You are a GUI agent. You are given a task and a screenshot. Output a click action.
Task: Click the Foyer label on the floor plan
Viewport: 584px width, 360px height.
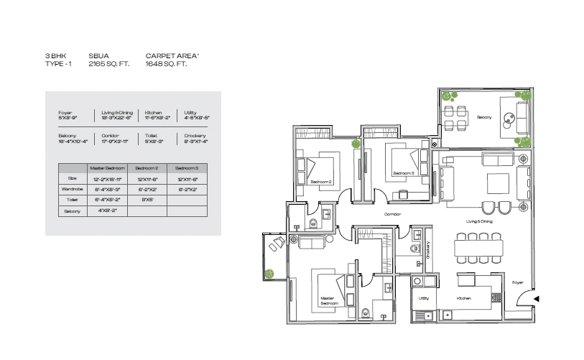tap(517, 283)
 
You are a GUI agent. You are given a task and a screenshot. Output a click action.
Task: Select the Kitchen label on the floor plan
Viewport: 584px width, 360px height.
tap(463, 297)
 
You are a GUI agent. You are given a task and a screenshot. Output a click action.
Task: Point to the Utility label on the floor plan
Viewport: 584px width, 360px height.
tap(424, 297)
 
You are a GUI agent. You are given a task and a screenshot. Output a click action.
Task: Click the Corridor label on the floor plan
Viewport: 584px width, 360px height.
tap(392, 214)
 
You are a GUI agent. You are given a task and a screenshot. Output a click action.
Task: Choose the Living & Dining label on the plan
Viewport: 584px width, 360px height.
tap(478, 222)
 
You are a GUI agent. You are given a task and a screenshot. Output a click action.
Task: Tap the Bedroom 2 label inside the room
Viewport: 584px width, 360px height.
tap(320, 183)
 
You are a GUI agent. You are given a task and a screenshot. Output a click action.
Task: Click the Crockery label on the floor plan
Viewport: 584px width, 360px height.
tap(427, 249)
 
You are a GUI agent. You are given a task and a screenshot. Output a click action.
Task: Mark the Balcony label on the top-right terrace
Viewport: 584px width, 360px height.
tap(486, 116)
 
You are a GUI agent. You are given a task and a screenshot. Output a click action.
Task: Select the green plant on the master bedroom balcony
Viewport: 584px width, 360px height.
tap(269, 273)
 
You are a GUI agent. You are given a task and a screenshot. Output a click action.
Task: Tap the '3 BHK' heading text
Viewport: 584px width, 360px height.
tap(56, 55)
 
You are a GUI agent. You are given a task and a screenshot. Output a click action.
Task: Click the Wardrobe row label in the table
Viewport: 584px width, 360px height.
tap(72, 189)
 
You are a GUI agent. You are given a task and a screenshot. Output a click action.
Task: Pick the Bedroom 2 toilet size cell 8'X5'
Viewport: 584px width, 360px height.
tap(147, 200)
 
